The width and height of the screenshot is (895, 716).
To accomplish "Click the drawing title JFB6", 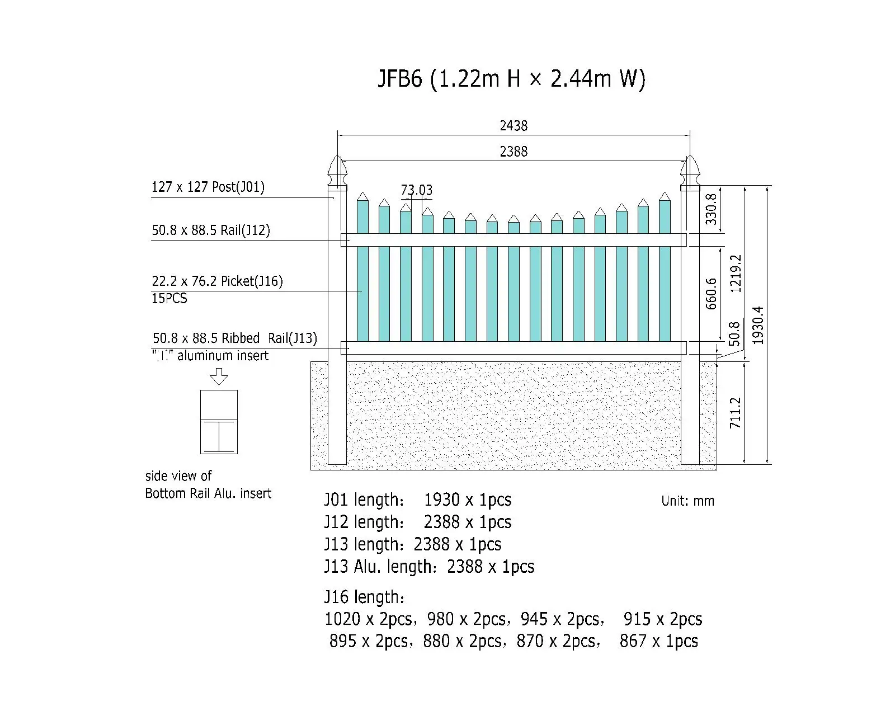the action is click(399, 78).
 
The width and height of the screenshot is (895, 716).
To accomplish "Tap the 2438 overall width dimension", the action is click(514, 126).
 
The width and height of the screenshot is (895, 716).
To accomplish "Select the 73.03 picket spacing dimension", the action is click(416, 190).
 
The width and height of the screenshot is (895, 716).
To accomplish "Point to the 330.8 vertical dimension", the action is click(711, 209).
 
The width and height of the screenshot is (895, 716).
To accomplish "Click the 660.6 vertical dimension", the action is click(711, 294).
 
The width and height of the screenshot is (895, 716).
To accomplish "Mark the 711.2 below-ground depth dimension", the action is click(735, 413).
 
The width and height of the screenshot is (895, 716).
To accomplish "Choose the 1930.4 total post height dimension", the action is click(758, 326).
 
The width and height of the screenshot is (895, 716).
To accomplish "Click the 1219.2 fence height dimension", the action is click(735, 274).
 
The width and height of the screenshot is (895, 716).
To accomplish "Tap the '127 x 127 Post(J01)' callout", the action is click(208, 187).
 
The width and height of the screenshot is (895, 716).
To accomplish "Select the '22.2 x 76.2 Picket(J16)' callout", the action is click(217, 281).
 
